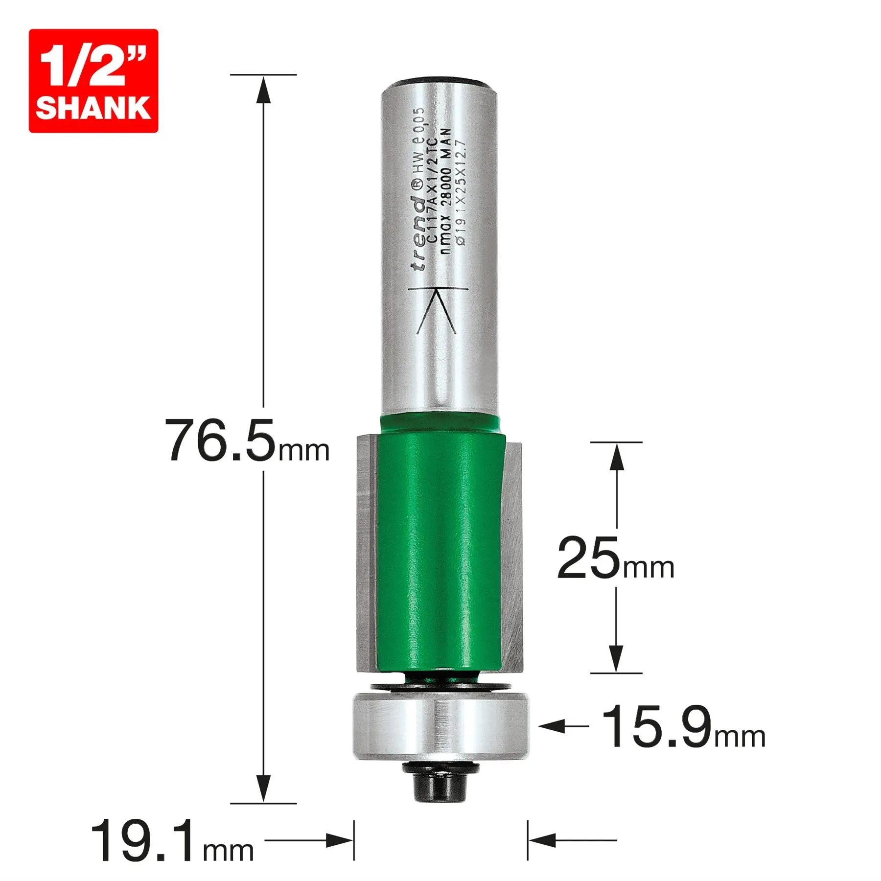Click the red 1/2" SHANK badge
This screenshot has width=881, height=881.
point(93,81)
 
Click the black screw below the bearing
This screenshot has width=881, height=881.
point(440,788)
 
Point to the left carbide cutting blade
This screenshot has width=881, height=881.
point(366,553)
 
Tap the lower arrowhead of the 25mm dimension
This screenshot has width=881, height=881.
point(616,659)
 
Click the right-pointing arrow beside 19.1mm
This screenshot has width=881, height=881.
point(340,841)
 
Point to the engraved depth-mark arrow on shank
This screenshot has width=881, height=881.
point(437,308)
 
